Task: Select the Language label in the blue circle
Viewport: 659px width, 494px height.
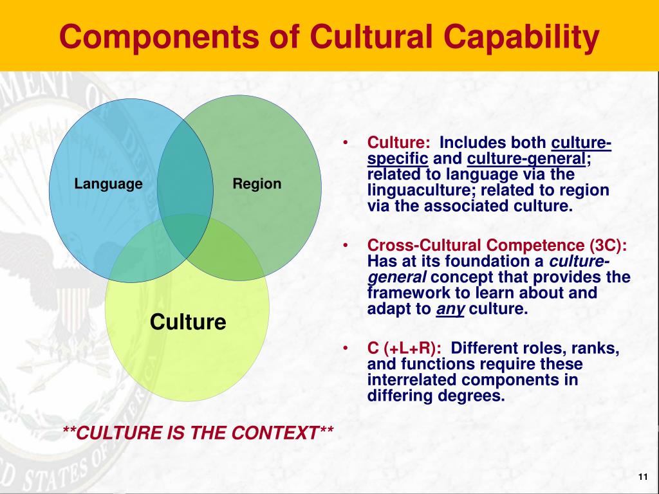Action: point(108,184)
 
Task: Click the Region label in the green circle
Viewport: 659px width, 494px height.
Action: point(257,184)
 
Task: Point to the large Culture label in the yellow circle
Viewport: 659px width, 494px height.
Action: point(188,322)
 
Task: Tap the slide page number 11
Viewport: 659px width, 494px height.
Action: point(643,477)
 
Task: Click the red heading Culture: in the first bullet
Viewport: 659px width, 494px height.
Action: point(398,143)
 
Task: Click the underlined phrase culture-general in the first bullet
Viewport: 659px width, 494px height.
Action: point(526,159)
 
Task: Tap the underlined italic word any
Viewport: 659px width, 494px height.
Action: point(450,309)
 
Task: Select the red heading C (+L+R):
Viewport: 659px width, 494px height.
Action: point(404,348)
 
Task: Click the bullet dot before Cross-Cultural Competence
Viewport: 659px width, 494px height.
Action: point(345,245)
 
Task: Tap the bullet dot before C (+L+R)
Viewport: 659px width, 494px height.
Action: point(345,348)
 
